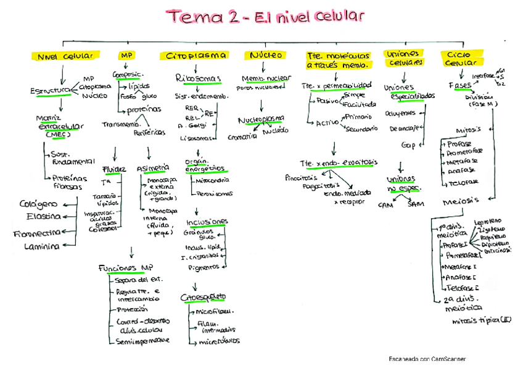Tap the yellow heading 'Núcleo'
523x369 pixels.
266,55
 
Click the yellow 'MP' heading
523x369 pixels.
126,55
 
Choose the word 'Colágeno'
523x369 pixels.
38,204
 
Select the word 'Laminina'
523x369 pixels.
41,246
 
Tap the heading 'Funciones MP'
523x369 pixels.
125,268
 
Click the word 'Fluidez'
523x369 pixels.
115,169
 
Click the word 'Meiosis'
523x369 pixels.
461,201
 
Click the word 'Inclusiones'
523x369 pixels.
207,222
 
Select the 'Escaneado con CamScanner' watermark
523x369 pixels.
427,359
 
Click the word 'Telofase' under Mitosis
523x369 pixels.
465,184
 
